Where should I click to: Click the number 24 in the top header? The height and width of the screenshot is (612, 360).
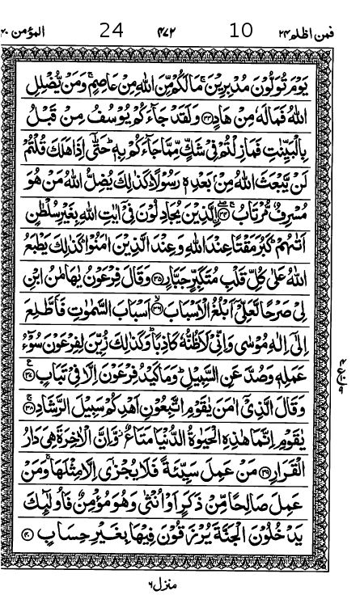coord(111,32)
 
